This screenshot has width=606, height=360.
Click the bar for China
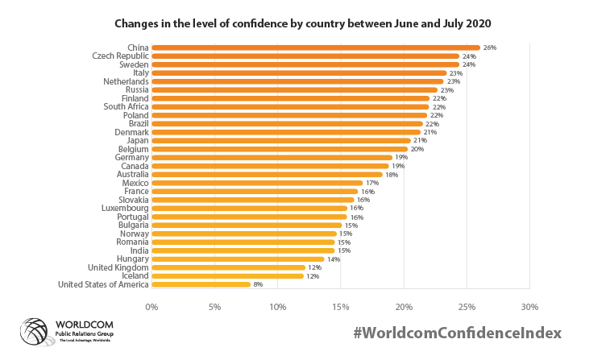click(314, 48)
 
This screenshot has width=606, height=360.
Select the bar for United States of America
click(201, 283)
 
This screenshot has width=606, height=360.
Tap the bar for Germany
click(272, 157)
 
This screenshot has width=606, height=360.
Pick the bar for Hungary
click(238, 259)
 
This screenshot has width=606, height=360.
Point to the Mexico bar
click(257, 183)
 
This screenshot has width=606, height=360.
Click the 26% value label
click(490, 48)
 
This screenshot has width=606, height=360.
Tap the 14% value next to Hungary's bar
click(334, 259)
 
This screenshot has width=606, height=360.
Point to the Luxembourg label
click(125, 208)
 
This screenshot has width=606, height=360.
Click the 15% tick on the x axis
click(341, 307)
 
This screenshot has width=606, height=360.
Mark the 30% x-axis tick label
click(529, 307)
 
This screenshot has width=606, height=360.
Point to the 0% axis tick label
click(151, 307)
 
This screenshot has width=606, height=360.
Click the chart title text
click(303, 23)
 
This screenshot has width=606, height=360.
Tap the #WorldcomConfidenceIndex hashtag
click(458, 333)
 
